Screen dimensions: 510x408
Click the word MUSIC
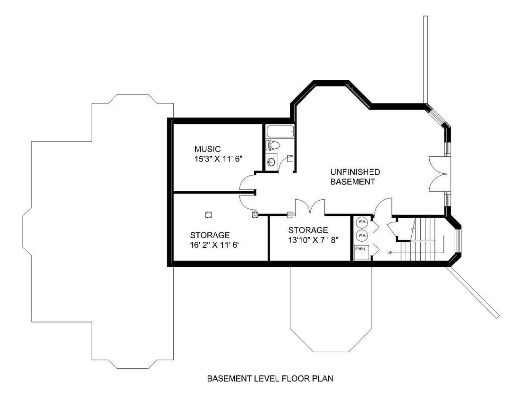(207, 149)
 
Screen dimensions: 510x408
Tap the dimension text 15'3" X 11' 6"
(219, 159)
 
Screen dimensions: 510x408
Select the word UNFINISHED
(355, 171)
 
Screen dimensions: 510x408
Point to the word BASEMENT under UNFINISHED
(353, 181)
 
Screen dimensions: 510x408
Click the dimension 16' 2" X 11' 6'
(214, 245)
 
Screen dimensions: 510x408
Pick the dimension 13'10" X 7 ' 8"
(314, 240)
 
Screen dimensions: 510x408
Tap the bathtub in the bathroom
(280, 132)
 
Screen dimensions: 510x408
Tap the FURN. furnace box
(361, 253)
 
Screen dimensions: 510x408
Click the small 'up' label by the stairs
(390, 252)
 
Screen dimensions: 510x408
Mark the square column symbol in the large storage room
(209, 214)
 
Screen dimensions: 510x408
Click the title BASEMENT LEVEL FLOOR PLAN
(270, 378)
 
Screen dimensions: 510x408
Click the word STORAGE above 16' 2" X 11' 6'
(210, 235)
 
